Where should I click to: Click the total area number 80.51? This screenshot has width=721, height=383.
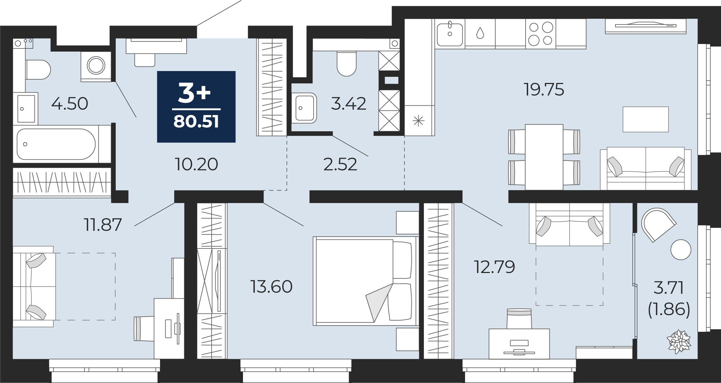pyautogui.click(x=196, y=122)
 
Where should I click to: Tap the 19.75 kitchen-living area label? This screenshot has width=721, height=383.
pyautogui.click(x=544, y=89)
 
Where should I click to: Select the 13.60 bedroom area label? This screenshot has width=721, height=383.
pyautogui.click(x=271, y=287)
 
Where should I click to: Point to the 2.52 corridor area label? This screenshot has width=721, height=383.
pyautogui.click(x=340, y=164)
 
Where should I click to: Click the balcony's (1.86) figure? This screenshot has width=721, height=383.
pyautogui.click(x=669, y=309)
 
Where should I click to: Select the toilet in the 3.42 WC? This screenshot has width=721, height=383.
pyautogui.click(x=346, y=63)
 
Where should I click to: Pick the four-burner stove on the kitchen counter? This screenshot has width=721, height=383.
pyautogui.click(x=540, y=34)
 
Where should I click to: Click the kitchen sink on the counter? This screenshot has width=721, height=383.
pyautogui.click(x=450, y=34)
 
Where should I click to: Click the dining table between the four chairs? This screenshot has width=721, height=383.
pyautogui.click(x=544, y=157)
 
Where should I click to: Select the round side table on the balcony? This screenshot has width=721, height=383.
pyautogui.click(x=681, y=250)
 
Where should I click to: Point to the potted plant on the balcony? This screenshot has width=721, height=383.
pyautogui.click(x=679, y=341)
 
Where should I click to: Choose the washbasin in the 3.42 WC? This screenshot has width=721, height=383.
pyautogui.click(x=304, y=108)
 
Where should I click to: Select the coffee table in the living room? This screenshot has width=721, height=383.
pyautogui.click(x=646, y=119)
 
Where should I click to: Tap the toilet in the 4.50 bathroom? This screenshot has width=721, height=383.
pyautogui.click(x=38, y=70)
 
